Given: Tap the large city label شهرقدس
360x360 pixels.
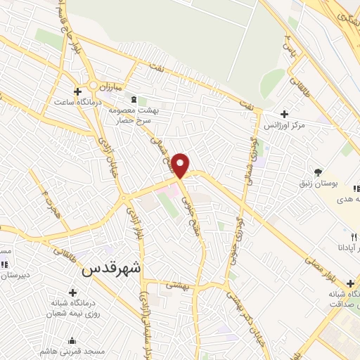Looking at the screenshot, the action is (112, 268).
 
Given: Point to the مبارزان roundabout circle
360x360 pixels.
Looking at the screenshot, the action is (93, 87).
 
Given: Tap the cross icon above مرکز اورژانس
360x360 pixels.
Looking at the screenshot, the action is (284, 114).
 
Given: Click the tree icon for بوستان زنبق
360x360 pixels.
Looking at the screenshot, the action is (319, 172).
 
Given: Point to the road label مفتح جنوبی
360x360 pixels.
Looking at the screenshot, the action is (189, 205).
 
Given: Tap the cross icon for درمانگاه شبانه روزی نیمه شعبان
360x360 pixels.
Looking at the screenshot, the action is (72, 292).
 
